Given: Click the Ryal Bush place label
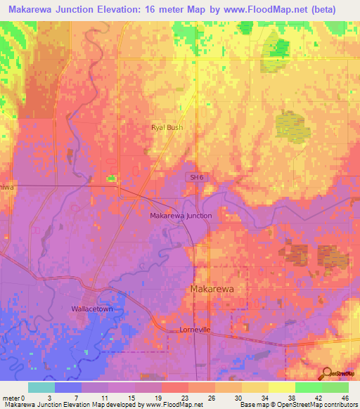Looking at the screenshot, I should pyautogui.click(x=167, y=127).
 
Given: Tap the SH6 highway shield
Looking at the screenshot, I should pyautogui.click(x=195, y=178).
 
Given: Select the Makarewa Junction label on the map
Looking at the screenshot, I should pyautogui.click(x=181, y=216).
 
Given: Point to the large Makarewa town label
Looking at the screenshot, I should pyautogui.click(x=213, y=289).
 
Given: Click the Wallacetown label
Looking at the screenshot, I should pyautogui.click(x=91, y=309).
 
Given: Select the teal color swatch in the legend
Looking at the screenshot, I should pyautogui.click(x=41, y=387).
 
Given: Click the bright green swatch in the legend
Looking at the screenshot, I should pyautogui.click(x=308, y=387).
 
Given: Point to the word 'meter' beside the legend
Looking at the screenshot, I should pyautogui.click(x=11, y=398).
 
